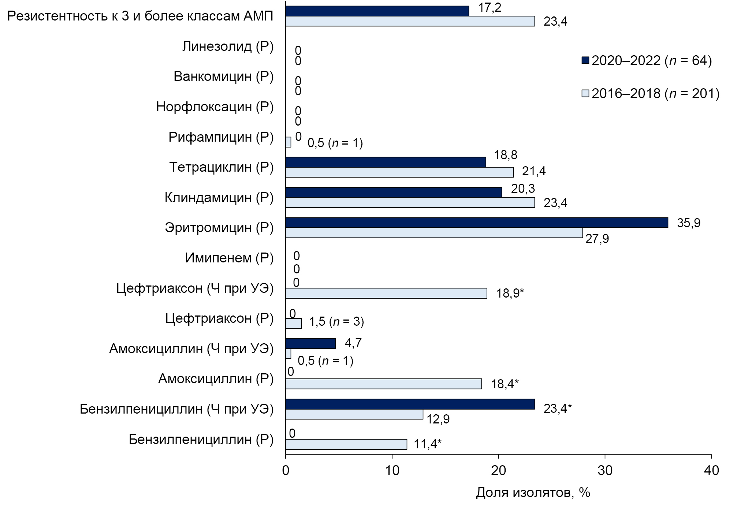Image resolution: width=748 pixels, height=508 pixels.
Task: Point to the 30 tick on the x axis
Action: (x=605, y=470)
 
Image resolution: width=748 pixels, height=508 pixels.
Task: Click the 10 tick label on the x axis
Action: (x=392, y=470)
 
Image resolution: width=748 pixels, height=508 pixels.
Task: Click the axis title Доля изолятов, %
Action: (x=533, y=493)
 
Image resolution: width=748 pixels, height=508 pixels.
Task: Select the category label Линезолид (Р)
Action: (x=228, y=46)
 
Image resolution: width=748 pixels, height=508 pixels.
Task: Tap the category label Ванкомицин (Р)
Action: (x=223, y=76)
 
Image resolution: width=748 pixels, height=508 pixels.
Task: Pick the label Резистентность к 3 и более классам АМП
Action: (x=140, y=16)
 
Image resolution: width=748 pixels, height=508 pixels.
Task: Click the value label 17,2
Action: (x=490, y=7)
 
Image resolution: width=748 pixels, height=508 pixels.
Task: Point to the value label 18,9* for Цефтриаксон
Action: (x=510, y=293)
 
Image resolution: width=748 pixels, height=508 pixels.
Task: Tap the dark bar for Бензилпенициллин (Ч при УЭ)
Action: (x=410, y=404)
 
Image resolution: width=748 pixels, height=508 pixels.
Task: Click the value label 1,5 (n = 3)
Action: (x=336, y=322)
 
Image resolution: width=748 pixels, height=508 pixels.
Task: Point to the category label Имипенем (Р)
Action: (x=229, y=258)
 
